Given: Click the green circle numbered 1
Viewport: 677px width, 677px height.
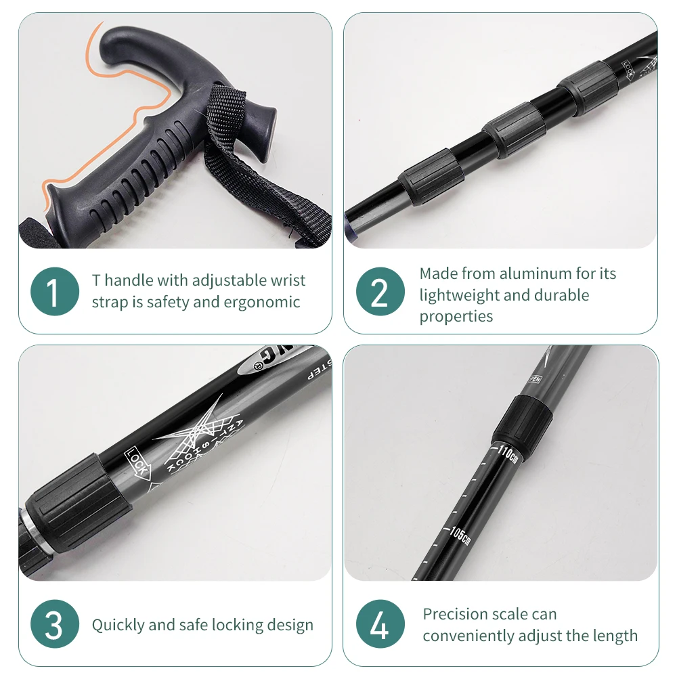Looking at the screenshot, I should tap(54, 291).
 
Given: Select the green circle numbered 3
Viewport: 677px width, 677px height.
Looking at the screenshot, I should tap(54, 624).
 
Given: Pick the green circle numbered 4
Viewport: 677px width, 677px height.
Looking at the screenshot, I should tap(380, 624).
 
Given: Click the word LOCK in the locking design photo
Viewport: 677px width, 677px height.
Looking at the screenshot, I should tap(137, 463).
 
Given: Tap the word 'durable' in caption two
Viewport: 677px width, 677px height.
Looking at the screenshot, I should tap(561, 295).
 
